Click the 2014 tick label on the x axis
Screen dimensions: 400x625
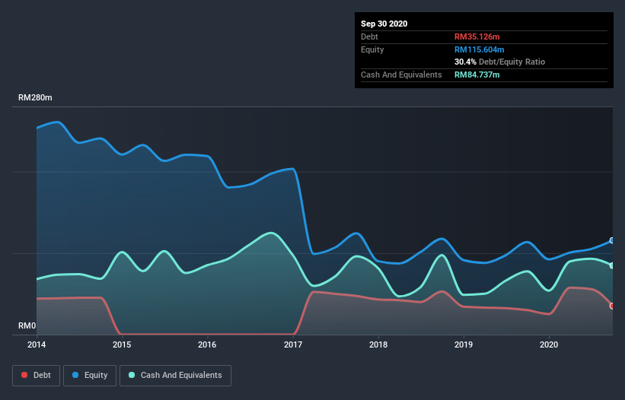[37, 344]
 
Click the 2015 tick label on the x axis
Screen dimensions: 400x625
[122, 344]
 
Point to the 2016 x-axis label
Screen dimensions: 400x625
[207, 344]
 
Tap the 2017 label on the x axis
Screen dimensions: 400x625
[293, 344]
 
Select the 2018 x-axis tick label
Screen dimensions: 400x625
[378, 344]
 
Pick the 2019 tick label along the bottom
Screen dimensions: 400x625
[464, 344]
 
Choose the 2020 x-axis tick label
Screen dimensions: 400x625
[549, 344]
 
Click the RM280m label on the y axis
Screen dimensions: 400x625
[36, 98]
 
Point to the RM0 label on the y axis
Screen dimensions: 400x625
[28, 326]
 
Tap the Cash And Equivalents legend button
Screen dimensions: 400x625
[175, 375]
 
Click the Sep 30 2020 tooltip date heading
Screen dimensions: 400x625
[384, 24]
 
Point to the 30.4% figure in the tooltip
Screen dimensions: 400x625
[465, 62]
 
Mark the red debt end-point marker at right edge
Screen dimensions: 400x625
[612, 306]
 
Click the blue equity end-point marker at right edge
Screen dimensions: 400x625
[612, 240]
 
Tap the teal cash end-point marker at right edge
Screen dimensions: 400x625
[612, 265]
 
